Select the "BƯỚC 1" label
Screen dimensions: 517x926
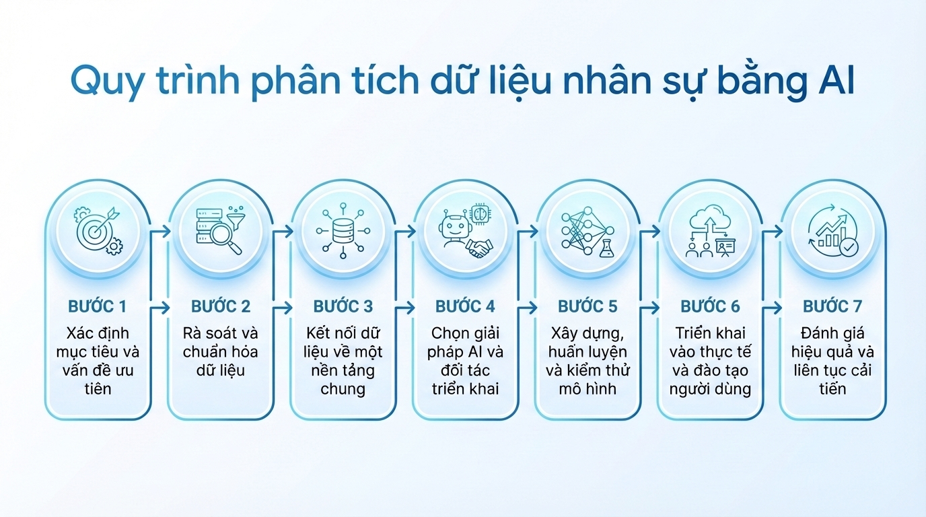pos(98,307)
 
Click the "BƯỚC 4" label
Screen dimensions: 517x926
pos(465,307)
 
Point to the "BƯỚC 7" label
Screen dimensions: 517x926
pos(832,307)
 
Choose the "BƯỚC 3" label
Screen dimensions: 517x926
pos(343,307)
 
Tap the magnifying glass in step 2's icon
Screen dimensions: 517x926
pos(227,240)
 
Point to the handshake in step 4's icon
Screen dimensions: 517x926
pos(479,248)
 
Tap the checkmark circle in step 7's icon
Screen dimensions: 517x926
pos(849,247)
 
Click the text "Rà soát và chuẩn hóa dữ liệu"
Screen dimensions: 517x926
pos(220,352)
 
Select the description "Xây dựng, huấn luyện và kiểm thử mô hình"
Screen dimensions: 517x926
pos(587,361)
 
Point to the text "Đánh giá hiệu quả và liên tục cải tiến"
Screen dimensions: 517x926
pos(832,361)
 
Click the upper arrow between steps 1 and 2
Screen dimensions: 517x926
pos(159,231)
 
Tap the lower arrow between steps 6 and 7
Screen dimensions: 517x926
pos(772,308)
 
